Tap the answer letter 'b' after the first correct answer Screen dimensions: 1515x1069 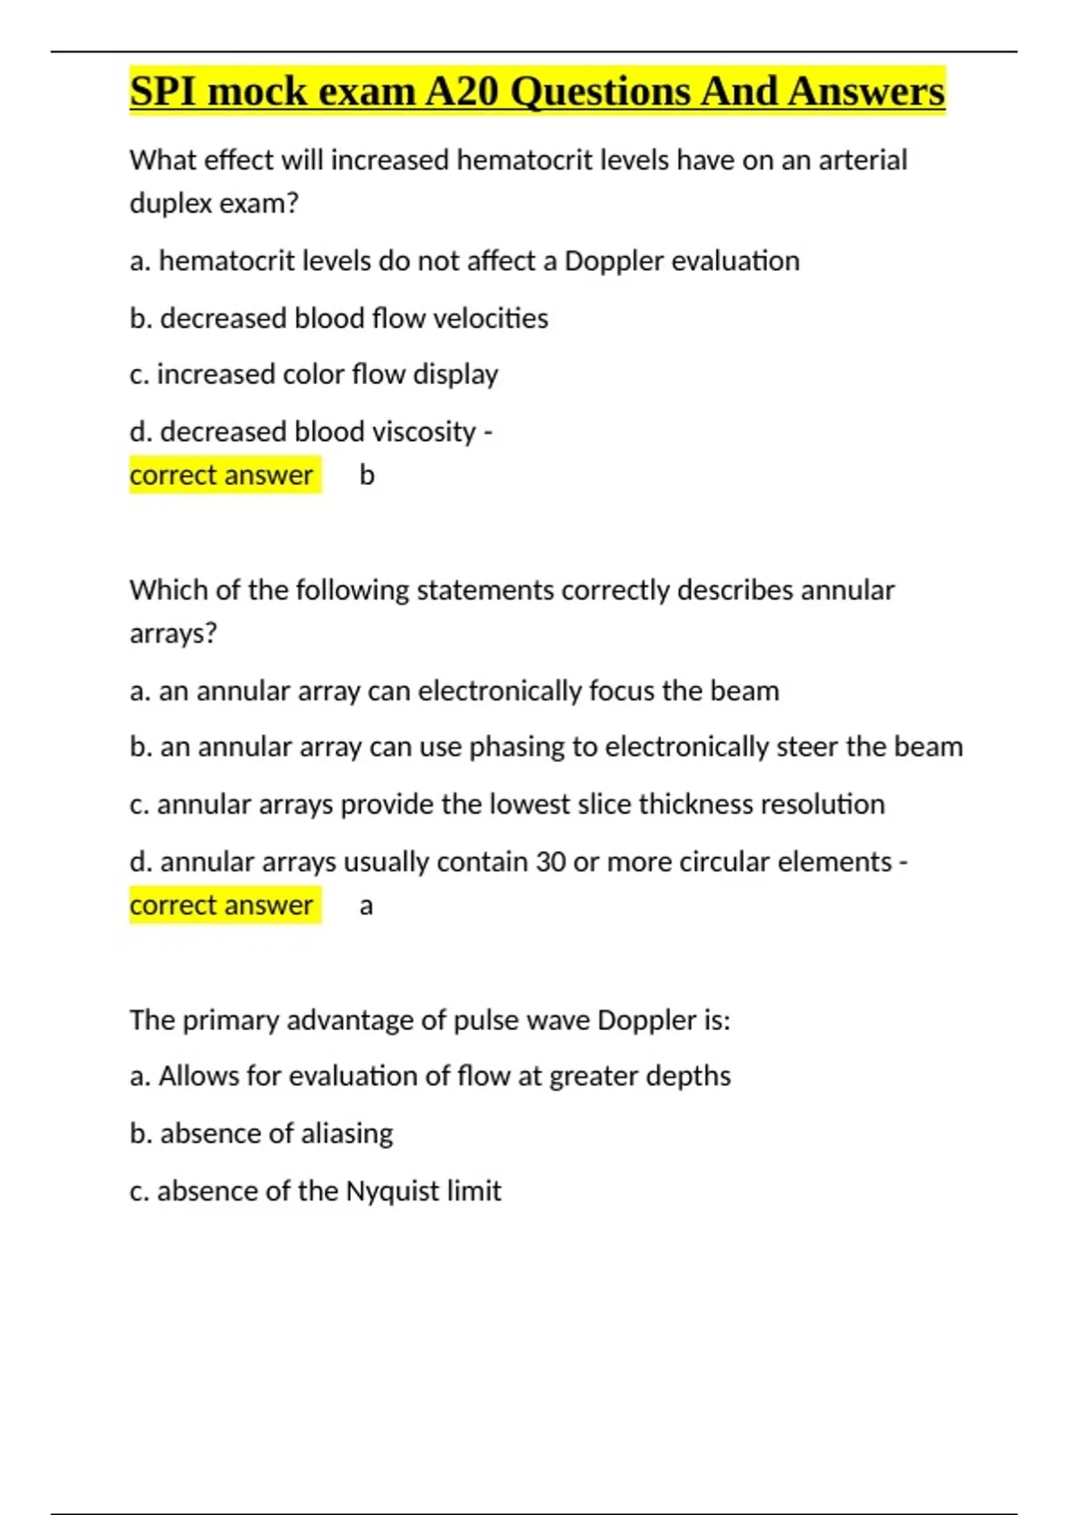(367, 475)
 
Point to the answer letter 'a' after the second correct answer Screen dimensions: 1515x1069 (366, 906)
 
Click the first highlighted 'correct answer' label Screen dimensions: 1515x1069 (222, 475)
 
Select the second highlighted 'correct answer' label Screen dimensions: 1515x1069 (222, 905)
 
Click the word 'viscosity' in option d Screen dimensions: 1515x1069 (423, 432)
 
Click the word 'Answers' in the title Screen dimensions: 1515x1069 (866, 91)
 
